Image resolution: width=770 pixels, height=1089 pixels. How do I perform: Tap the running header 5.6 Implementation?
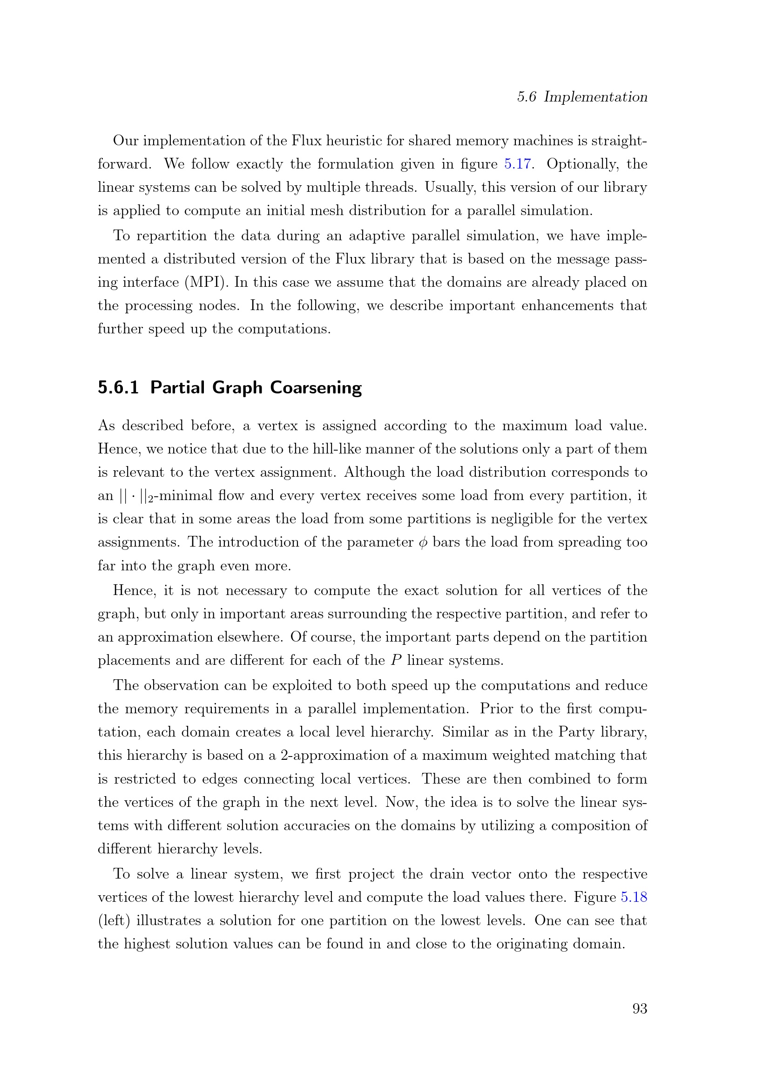point(582,97)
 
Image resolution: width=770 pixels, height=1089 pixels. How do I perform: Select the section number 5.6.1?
point(118,387)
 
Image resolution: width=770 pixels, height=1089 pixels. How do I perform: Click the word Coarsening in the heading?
point(316,387)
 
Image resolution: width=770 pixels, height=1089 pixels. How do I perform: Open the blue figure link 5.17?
point(517,164)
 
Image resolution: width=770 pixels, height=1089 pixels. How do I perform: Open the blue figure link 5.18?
point(634,897)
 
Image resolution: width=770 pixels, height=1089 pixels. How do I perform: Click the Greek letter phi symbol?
point(423,542)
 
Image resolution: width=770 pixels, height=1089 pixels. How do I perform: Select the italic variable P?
point(396,660)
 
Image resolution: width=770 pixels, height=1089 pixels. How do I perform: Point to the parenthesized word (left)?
point(114,920)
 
